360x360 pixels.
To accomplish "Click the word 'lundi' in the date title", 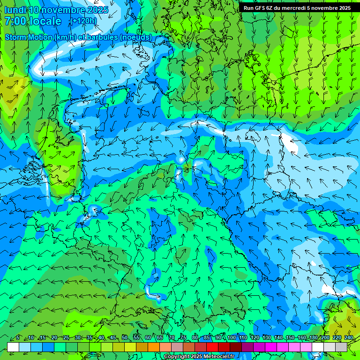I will pos(15,10).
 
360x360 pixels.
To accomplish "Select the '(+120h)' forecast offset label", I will pos(83,21).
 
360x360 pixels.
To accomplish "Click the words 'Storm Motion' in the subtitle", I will pos(29,37).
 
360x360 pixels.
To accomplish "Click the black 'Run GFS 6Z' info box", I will pos(297,8).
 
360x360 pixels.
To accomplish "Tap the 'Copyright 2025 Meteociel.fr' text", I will pos(198,356).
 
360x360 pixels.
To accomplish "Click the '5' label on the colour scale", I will pos(18,337).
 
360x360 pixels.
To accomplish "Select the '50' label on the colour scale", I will pos(124,337).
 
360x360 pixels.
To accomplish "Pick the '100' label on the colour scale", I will pos(232,337).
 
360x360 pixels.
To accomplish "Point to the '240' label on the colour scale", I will pos(349,337).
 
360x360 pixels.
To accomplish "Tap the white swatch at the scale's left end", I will pos(13,347).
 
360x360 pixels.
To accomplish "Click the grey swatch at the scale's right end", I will pos(341,347).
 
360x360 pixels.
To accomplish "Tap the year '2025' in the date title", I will pos(98,10).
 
